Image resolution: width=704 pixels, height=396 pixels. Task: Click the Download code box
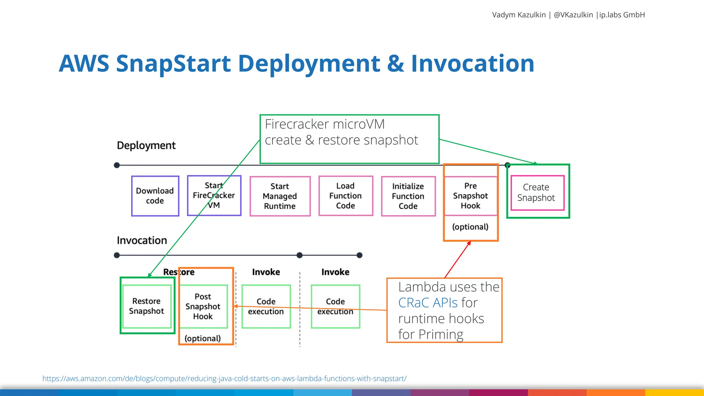[x=155, y=196]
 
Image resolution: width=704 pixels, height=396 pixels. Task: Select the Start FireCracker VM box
[x=214, y=196]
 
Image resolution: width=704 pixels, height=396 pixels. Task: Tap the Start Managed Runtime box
[x=280, y=196]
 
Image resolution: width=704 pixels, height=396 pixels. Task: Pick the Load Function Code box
[x=345, y=196]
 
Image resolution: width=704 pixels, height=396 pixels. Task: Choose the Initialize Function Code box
[x=408, y=196]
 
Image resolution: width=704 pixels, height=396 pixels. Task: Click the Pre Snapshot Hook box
[x=470, y=196]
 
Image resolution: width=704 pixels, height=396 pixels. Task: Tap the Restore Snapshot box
[x=146, y=306]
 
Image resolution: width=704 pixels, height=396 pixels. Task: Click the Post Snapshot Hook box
[x=203, y=306]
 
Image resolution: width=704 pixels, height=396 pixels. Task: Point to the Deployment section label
[x=146, y=145]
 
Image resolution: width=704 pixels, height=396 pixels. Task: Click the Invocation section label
[x=142, y=240]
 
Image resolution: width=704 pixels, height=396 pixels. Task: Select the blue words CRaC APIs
[x=428, y=303]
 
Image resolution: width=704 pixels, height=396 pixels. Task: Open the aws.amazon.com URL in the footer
[x=224, y=378]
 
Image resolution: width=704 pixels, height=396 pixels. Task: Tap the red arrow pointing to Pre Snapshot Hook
[x=458, y=260]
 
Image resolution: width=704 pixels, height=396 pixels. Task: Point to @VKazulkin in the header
[x=573, y=15]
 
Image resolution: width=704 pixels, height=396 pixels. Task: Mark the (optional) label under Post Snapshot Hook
[x=202, y=338]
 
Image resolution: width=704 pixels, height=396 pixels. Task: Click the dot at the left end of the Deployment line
[x=117, y=165]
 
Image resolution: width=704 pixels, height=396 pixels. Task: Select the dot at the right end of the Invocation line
[x=360, y=255]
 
